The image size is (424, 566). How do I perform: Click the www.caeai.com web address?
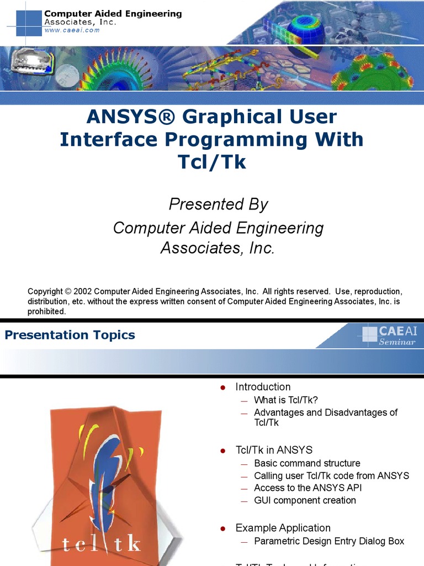click(x=72, y=30)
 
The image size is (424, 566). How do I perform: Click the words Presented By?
click(x=218, y=204)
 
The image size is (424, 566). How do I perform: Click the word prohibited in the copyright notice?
click(x=47, y=311)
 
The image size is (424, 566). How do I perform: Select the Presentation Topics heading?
click(x=70, y=335)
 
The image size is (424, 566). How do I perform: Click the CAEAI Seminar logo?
click(x=389, y=336)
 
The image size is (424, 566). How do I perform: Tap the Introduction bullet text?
click(x=263, y=387)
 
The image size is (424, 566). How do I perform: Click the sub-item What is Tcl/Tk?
click(x=286, y=400)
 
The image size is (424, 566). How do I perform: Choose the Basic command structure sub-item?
click(x=307, y=463)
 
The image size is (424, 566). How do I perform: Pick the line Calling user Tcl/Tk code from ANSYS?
click(x=331, y=475)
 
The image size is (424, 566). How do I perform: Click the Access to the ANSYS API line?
click(x=308, y=488)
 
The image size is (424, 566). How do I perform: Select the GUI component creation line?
click(x=305, y=500)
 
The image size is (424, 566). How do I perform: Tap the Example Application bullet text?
click(x=283, y=528)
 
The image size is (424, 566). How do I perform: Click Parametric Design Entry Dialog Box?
click(x=329, y=541)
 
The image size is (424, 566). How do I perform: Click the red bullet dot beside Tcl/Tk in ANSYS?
click(x=223, y=451)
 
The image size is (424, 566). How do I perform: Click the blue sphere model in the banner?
click(x=305, y=33)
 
